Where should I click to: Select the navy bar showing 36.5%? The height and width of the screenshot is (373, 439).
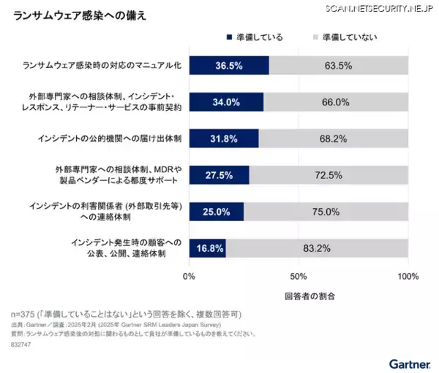pos(229,65)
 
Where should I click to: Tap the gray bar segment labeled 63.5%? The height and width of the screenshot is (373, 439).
pos(338,65)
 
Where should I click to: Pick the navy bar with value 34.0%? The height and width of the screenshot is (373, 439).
pos(226,101)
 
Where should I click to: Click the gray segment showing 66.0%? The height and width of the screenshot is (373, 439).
pos(336,101)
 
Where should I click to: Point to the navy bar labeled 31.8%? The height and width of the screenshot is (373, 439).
pos(224,138)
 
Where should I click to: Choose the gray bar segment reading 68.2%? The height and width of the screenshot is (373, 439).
pos(334,138)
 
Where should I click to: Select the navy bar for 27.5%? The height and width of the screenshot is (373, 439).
pos(219,175)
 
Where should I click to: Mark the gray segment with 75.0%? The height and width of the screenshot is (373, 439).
pos(326,212)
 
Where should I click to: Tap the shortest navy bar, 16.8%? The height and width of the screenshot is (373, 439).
pos(208,248)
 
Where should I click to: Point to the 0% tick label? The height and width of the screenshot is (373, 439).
pos(189,277)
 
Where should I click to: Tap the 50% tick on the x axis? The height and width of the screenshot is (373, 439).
pos(298,277)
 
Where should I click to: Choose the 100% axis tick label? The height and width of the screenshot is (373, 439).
pos(408,277)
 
